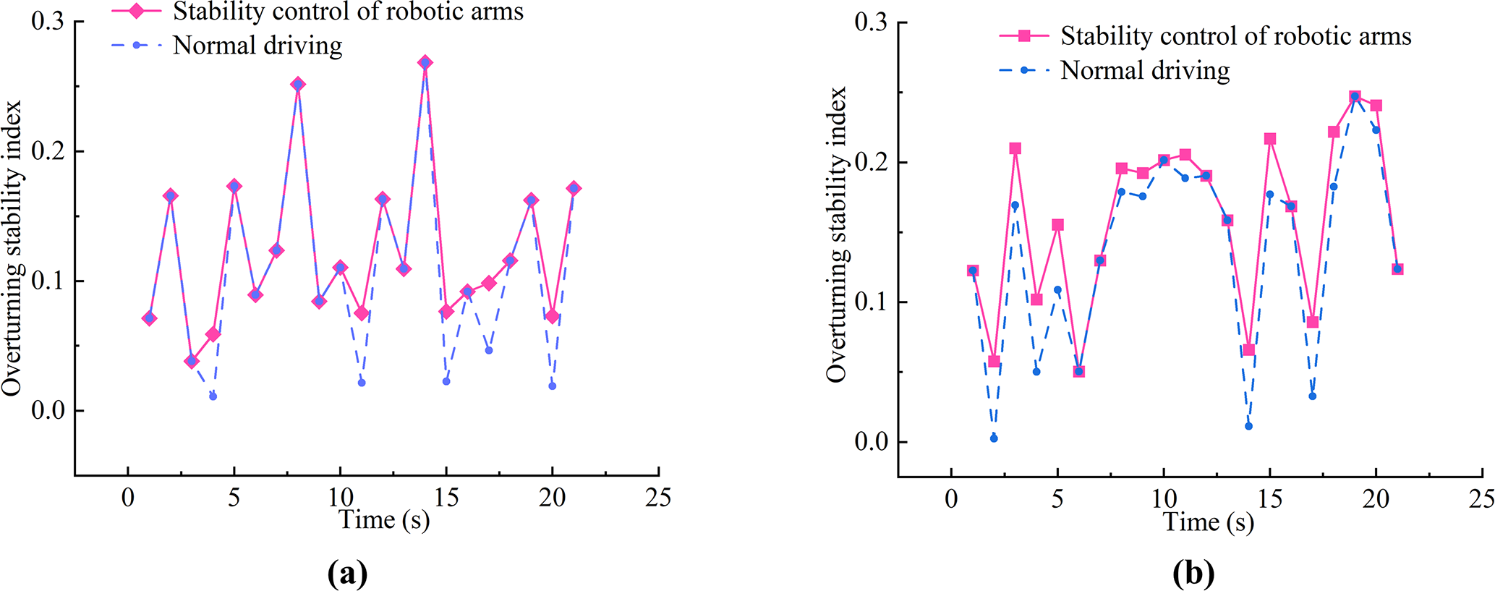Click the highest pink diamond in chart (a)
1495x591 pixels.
[x=425, y=63]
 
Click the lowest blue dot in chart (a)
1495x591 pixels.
[x=213, y=396]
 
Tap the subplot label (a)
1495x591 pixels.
[x=347, y=574]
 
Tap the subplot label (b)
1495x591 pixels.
[x=1193, y=574]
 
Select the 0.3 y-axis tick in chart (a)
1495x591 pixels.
[x=48, y=22]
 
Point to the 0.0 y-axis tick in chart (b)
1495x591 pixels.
[x=872, y=441]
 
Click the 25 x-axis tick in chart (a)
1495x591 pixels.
[x=658, y=498]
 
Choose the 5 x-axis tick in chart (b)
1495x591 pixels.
[x=1057, y=499]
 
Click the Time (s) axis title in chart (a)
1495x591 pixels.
[x=384, y=519]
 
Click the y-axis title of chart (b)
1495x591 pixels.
[x=837, y=235]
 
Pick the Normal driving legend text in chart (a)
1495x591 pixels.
[x=257, y=46]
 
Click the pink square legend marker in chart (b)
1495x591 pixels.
[x=1024, y=35]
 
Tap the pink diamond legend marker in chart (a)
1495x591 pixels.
[x=136, y=12]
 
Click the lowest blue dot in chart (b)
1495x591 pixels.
[x=994, y=438]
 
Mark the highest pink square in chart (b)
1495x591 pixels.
[x=1355, y=97]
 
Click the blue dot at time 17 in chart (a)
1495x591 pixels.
[x=489, y=350]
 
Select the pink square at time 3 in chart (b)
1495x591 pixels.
[x=1015, y=148]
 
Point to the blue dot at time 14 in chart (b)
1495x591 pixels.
[x=1248, y=426]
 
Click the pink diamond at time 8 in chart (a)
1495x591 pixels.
[x=298, y=85]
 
